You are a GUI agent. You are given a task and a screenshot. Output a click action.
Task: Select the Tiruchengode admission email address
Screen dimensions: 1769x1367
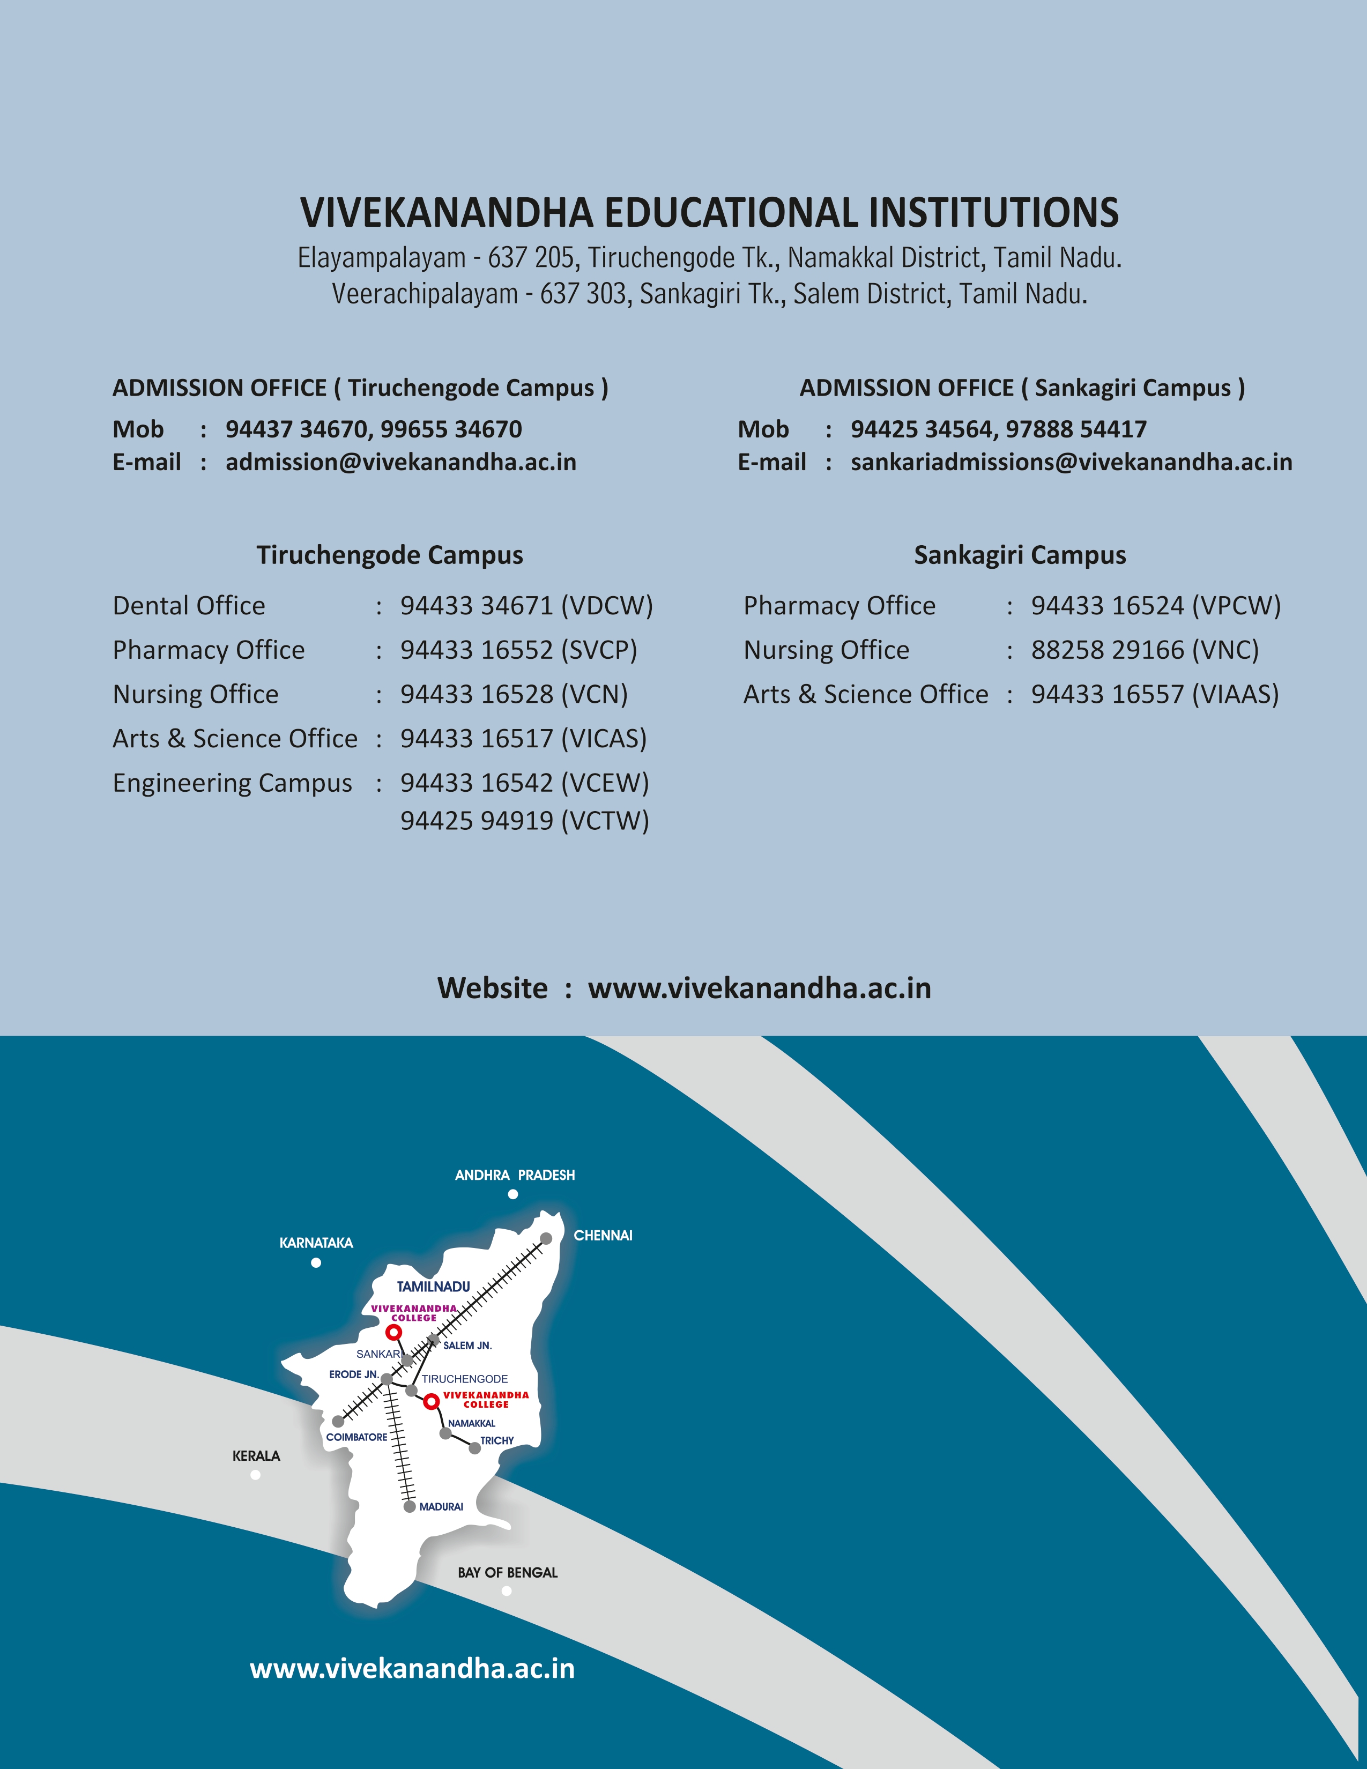401,463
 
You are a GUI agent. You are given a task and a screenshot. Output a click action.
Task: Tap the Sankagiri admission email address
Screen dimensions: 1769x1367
1071,463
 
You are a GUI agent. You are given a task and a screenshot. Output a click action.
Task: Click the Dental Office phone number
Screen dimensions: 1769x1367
526,606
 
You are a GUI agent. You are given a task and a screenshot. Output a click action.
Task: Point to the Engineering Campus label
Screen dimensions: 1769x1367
233,783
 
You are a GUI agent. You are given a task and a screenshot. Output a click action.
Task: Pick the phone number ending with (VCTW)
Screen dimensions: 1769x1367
524,821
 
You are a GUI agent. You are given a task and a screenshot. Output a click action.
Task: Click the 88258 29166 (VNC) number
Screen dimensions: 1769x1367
1145,650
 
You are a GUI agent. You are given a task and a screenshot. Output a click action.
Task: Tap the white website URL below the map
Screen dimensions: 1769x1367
412,1669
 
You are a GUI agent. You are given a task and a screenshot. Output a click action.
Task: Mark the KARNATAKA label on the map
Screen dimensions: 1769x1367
316,1243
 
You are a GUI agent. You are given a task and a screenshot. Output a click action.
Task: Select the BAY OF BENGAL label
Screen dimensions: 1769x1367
507,1573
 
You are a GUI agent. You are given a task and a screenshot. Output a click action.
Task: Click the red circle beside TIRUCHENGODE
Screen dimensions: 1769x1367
432,1401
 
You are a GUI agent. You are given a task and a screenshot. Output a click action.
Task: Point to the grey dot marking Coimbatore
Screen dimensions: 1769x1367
338,1422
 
